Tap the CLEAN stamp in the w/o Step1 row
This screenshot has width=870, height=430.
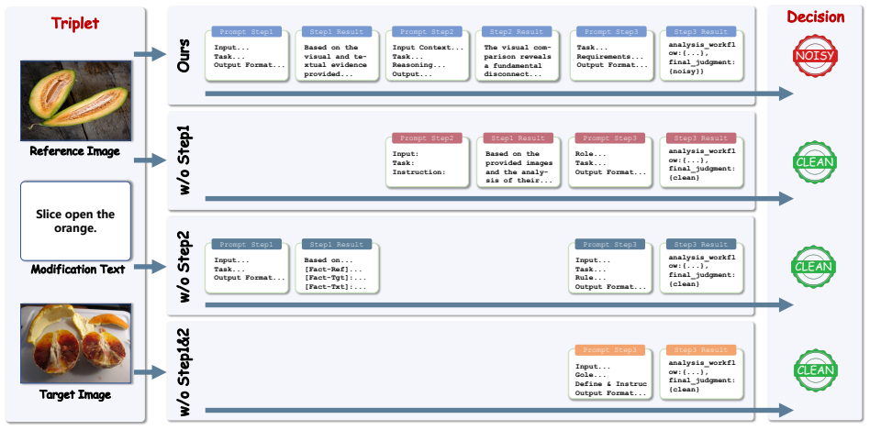pyautogui.click(x=815, y=161)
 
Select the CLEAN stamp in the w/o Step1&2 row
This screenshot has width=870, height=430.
pyautogui.click(x=815, y=370)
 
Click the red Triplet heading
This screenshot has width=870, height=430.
pyautogui.click(x=75, y=23)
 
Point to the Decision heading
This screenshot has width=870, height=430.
pyautogui.click(x=816, y=17)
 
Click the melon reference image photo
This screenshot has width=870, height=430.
pyautogui.click(x=75, y=100)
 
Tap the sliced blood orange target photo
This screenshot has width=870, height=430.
pyautogui.click(x=75, y=343)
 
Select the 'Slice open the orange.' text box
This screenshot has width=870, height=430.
pyautogui.click(x=75, y=221)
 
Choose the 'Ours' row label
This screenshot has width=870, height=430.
pyautogui.click(x=184, y=55)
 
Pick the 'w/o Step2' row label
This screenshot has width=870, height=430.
pyautogui.click(x=184, y=266)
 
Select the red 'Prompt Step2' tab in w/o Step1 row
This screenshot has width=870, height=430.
pyautogui.click(x=427, y=138)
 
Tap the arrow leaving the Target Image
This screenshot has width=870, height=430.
pyautogui.click(x=150, y=372)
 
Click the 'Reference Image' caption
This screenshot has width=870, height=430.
pyautogui.click(x=74, y=150)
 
